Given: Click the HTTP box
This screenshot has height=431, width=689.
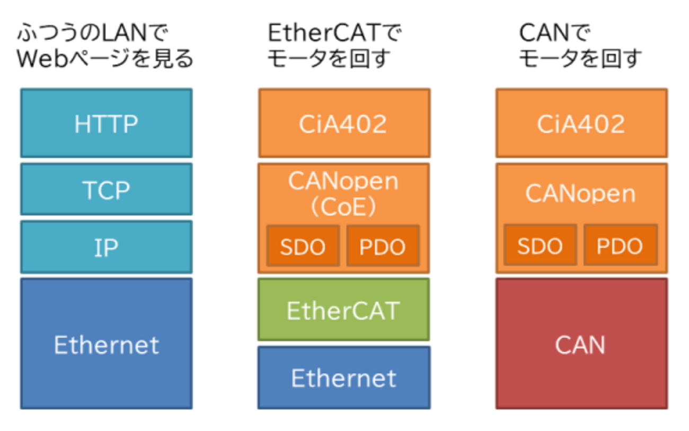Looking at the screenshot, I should [106, 123].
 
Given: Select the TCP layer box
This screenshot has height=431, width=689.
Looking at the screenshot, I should [106, 189].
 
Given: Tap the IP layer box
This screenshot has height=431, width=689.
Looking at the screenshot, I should [106, 247].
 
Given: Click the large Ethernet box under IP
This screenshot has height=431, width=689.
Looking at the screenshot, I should [106, 344].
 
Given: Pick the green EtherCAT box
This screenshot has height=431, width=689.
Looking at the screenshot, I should [343, 310].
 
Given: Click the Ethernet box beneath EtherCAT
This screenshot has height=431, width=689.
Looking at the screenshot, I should [343, 378].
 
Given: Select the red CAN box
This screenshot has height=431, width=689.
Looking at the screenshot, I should [581, 344].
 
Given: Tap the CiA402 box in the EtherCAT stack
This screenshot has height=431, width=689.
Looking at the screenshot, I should [343, 123].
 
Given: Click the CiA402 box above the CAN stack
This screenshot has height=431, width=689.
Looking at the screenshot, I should [581, 123].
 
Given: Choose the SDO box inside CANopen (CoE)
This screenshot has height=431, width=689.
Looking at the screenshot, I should [303, 246].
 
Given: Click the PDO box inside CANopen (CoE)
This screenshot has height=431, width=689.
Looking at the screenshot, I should [383, 246].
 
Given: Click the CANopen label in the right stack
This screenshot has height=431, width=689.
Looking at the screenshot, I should [581, 194].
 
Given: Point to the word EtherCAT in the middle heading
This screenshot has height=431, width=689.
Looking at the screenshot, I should [324, 33].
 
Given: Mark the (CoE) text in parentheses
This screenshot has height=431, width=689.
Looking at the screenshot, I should [343, 207].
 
